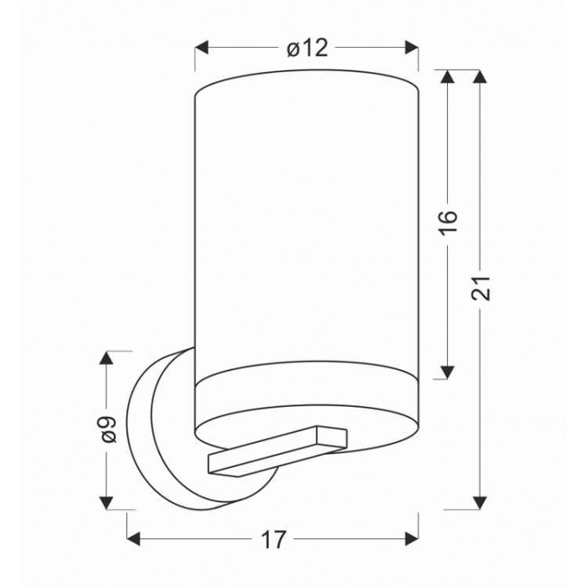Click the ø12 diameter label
[x=307, y=49]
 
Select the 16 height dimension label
[x=447, y=223]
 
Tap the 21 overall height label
[x=481, y=288]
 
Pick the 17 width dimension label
[x=273, y=539]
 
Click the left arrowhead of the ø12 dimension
[x=202, y=48]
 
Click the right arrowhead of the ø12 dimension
[x=412, y=48]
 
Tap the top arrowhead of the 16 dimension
[x=447, y=77]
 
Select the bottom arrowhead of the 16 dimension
[x=447, y=372]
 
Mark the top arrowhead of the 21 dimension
[x=480, y=77]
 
